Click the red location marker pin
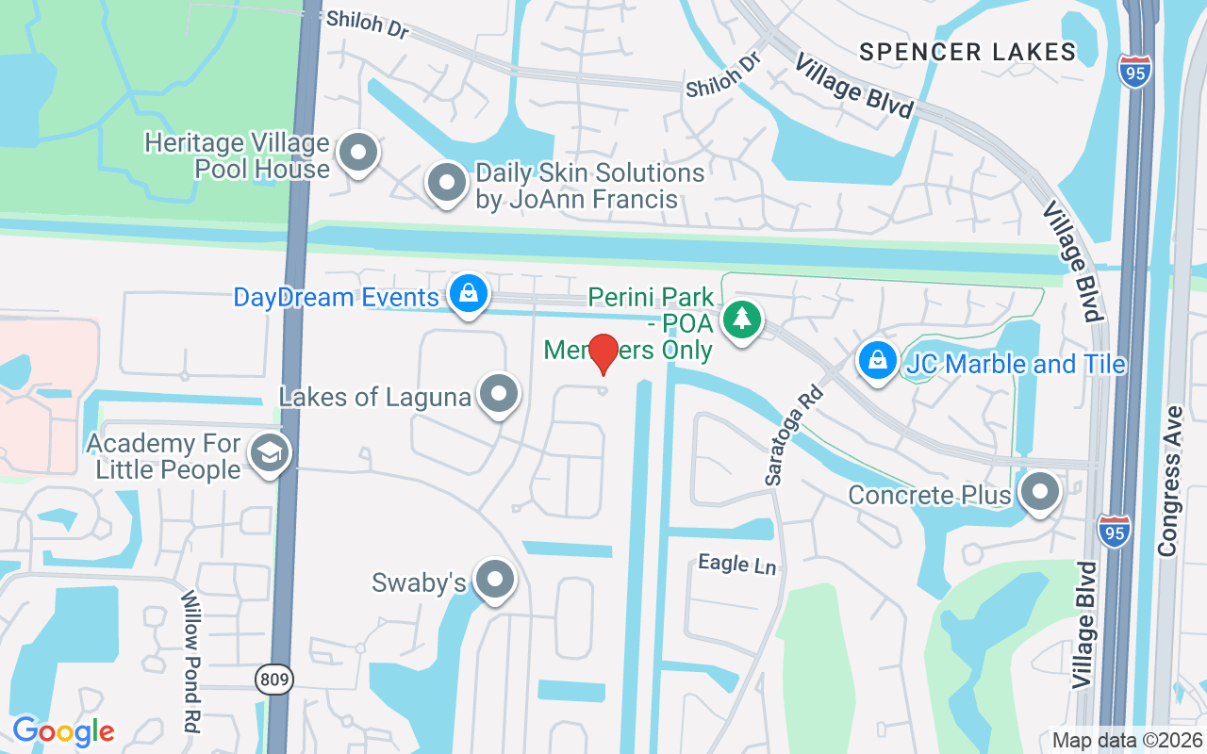pos(603,353)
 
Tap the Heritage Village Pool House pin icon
pos(358,154)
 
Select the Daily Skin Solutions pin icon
pos(447,183)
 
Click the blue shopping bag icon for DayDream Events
pos(468,294)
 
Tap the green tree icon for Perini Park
pos(743,320)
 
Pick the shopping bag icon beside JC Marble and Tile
pos(878,361)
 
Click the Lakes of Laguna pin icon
pos(498,395)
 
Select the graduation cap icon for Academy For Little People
pos(270,453)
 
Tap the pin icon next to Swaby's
pos(494,581)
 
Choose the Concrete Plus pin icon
pos(1040,492)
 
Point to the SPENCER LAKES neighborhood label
pos(967,52)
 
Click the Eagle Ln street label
pos(736,565)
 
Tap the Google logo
pos(63,730)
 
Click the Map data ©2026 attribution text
pos(1128,740)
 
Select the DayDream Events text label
pos(337,298)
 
